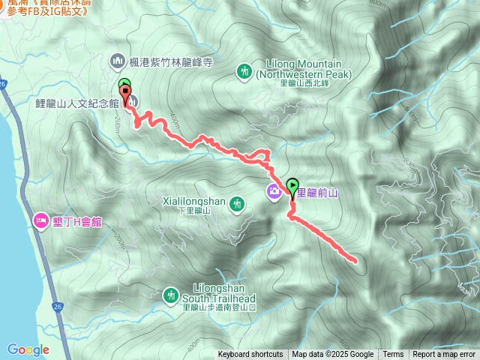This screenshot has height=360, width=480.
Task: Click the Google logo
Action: pos(28,349)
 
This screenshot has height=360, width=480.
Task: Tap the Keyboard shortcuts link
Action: pos(250,355)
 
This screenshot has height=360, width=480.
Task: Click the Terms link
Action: pos(393,355)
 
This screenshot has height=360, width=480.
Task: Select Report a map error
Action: pos(444,355)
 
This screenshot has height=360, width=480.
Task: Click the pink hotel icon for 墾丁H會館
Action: pos(40,220)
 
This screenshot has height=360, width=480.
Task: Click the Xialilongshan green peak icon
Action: pos(237,202)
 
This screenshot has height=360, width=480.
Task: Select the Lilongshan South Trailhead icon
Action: pos(171,294)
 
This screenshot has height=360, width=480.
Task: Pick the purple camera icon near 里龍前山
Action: pos(275,192)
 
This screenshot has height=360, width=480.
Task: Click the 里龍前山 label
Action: pos(319,193)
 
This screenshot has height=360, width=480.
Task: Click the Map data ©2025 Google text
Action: pos(333,355)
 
